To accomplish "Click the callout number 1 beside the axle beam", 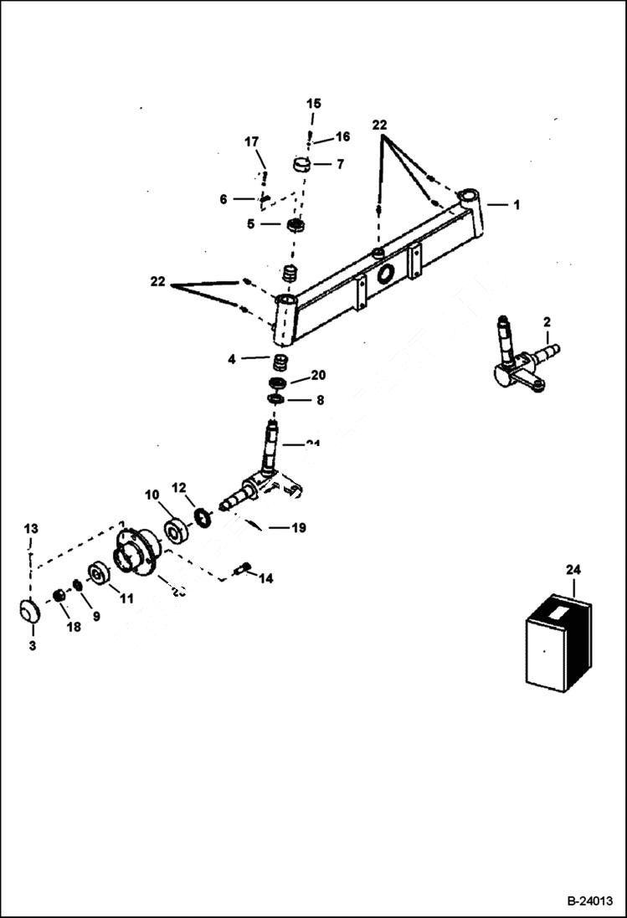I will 517,205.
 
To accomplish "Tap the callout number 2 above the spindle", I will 547,322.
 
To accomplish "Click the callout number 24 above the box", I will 573,570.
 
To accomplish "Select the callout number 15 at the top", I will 313,104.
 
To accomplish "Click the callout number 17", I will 252,141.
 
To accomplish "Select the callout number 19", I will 298,528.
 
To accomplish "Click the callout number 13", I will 30,529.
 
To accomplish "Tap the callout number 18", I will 74,626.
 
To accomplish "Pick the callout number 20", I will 318,375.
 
